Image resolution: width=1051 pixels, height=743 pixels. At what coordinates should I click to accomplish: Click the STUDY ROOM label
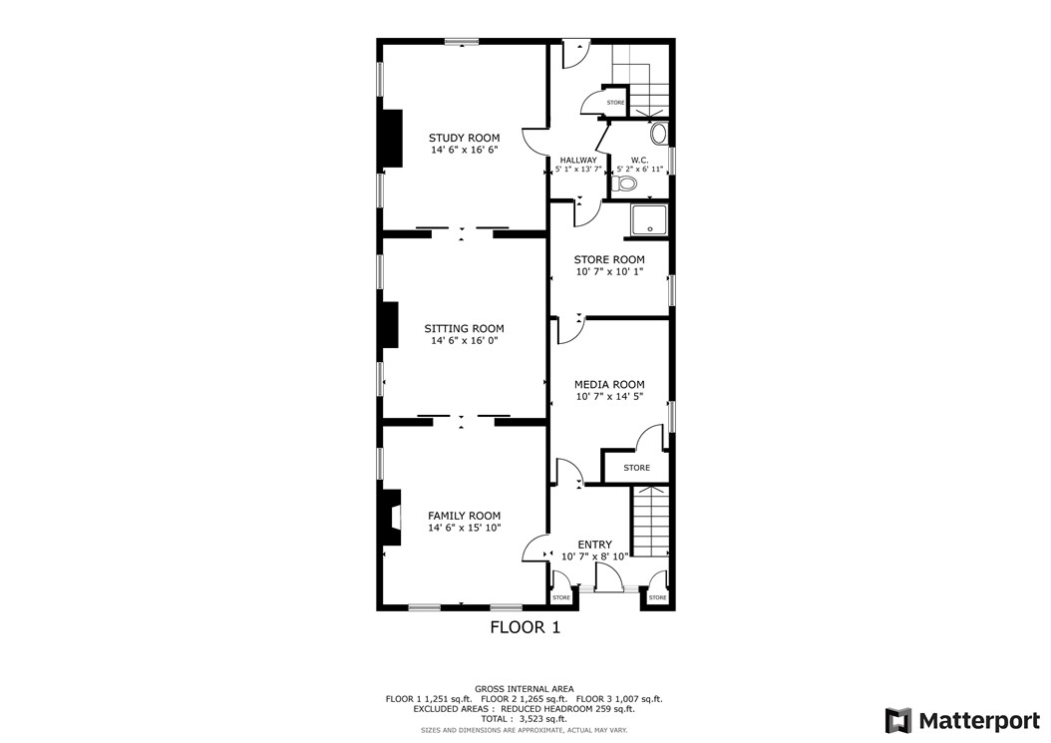(464, 138)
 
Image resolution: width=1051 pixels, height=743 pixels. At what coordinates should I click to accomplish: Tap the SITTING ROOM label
(464, 328)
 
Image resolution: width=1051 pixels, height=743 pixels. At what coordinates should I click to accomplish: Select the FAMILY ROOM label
(464, 516)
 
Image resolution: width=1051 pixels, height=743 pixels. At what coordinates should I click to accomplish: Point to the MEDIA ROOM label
(609, 384)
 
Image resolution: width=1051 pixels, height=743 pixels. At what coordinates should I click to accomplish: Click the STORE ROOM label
(609, 259)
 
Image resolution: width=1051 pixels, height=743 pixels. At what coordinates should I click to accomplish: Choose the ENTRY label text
(594, 545)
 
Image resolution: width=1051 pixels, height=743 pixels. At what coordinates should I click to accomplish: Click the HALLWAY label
(578, 160)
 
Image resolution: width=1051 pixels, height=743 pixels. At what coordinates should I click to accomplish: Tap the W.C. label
(639, 160)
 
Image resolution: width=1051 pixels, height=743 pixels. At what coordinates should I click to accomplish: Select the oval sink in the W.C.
(659, 133)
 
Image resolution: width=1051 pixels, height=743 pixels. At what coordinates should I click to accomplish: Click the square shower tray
(649, 221)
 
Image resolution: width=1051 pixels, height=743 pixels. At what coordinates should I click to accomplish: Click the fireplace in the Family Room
(391, 517)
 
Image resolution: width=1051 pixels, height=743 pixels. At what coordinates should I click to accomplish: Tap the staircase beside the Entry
(649, 522)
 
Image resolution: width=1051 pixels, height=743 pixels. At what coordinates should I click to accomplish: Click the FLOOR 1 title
(525, 627)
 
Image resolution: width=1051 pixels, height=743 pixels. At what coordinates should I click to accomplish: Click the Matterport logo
(962, 720)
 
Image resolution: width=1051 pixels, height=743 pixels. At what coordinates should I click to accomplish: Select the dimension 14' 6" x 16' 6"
(464, 150)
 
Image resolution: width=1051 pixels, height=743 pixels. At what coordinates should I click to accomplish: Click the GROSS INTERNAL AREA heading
(524, 689)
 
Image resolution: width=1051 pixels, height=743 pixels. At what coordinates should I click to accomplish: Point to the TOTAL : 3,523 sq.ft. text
(524, 719)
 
